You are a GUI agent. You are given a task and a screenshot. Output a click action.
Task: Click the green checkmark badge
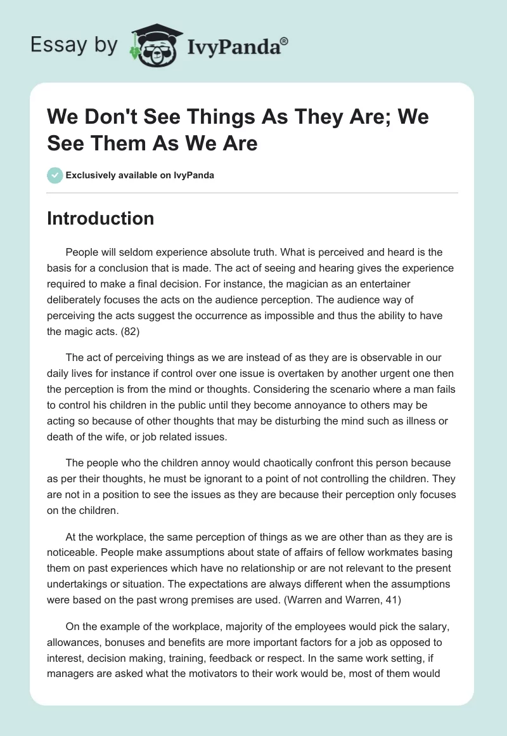(x=55, y=176)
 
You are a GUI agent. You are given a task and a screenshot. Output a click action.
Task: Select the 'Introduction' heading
(x=101, y=219)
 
